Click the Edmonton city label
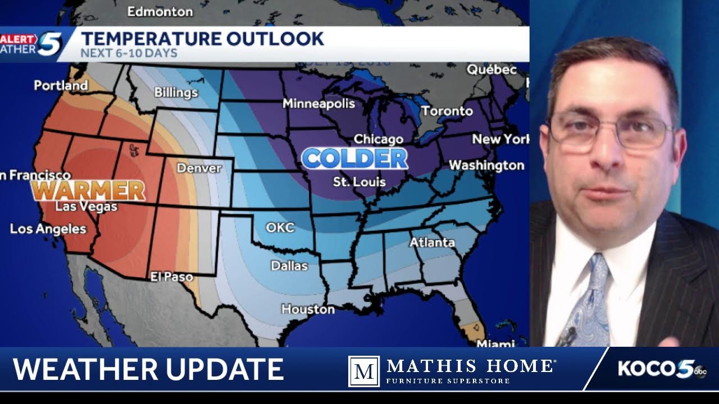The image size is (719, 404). tap(160, 11)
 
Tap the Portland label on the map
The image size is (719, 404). tap(61, 85)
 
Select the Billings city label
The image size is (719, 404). tap(176, 92)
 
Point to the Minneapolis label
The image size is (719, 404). tap(318, 103)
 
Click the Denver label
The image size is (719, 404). tap(199, 168)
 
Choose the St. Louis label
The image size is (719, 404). tap(359, 182)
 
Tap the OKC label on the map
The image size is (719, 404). tap(280, 228)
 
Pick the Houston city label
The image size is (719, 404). tap(308, 309)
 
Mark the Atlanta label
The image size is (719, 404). tap(431, 242)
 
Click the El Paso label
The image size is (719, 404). tap(171, 277)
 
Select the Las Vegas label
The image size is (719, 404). tap(86, 206)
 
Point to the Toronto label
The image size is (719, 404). tap(447, 111)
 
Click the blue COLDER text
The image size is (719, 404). tap(354, 159)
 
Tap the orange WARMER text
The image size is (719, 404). tap(89, 191)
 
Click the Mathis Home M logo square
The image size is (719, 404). tap(363, 371)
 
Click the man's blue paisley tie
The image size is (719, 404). tap(593, 303)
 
